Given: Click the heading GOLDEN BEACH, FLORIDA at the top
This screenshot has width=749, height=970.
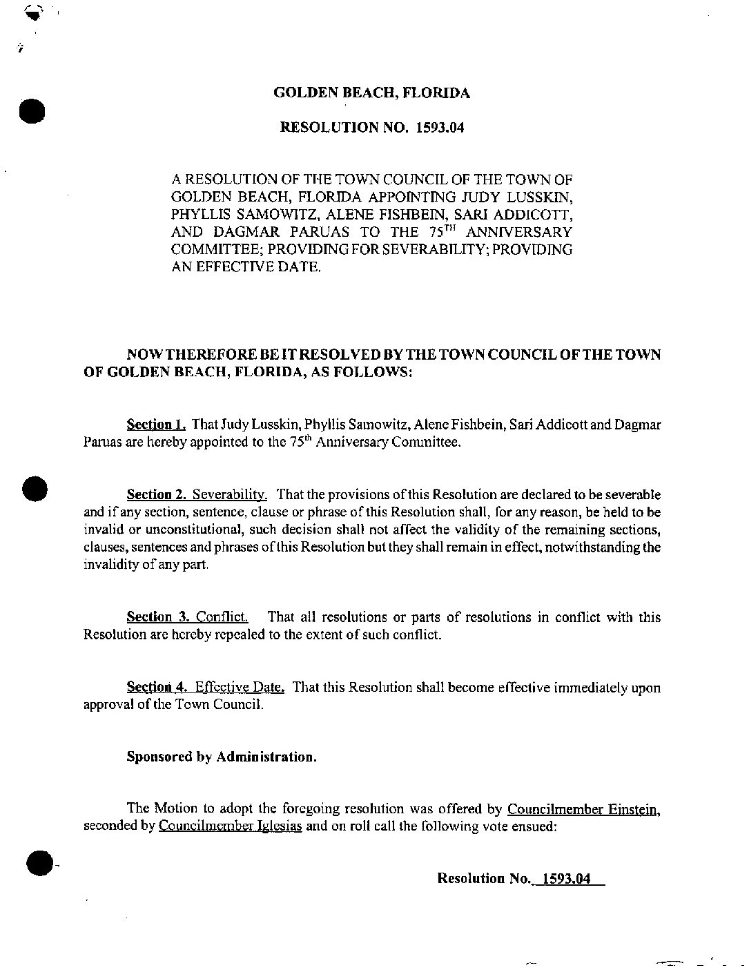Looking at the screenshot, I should [x=372, y=93].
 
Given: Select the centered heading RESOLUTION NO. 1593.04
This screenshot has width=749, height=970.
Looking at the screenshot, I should [x=372, y=128].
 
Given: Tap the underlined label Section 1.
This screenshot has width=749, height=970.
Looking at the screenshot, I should [x=157, y=424].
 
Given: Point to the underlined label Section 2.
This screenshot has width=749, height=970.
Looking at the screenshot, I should [x=157, y=494].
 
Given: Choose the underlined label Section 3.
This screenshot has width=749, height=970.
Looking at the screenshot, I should [x=157, y=617].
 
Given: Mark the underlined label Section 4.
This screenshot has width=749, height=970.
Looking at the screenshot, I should [x=157, y=687].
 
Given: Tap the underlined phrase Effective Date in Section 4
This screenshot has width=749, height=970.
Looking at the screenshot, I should [x=240, y=687].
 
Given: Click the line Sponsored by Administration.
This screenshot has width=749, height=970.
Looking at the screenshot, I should [x=222, y=757].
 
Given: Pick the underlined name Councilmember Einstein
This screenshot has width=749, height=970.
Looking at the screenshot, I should [x=584, y=809].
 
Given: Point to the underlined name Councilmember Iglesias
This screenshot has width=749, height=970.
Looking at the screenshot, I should [x=230, y=826].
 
